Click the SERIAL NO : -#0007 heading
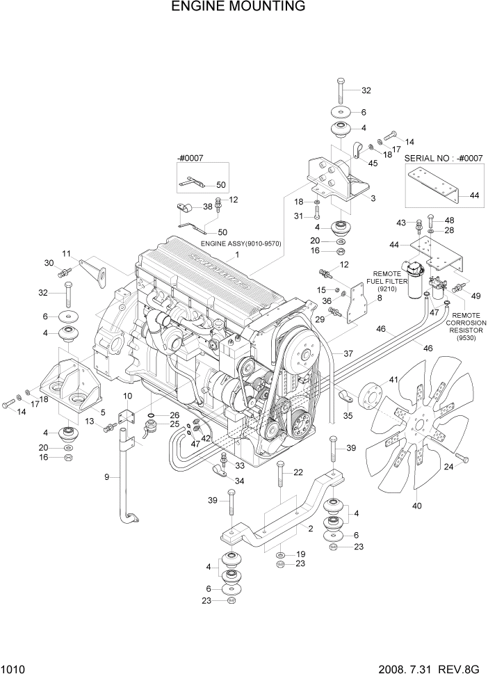(x=444, y=158)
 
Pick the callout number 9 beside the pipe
(x=107, y=476)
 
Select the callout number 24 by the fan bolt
(x=448, y=467)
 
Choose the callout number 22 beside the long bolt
(x=298, y=473)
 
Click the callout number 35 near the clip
(x=348, y=415)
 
